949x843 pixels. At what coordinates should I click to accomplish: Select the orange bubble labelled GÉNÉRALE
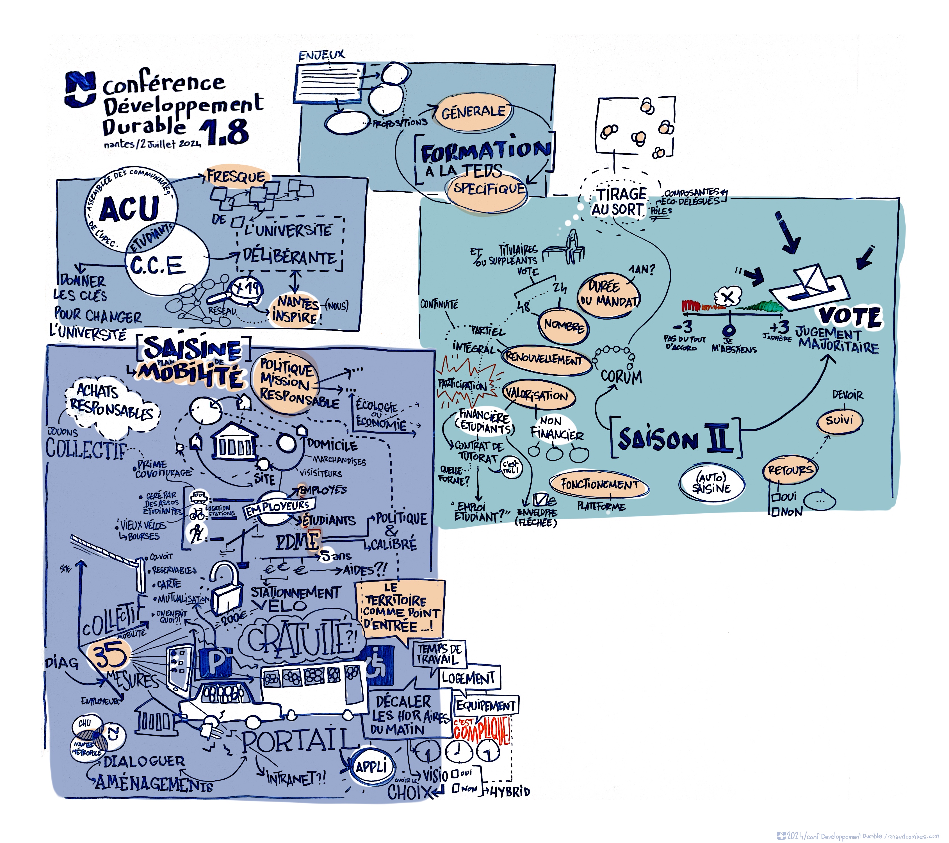(473, 111)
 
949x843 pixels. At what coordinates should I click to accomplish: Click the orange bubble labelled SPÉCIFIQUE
(489, 189)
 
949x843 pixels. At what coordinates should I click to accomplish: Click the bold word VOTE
(850, 317)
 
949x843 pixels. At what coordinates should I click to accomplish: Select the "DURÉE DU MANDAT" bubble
(608, 295)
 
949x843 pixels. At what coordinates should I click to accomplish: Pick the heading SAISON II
(676, 438)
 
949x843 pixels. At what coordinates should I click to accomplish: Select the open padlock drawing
(226, 587)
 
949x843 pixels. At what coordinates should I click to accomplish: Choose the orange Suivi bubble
(839, 420)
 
